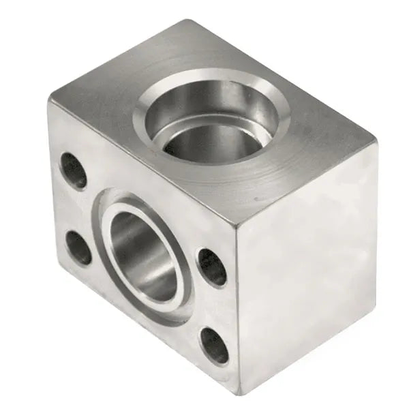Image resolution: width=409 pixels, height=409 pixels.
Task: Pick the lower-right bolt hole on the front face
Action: pos(215,346)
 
